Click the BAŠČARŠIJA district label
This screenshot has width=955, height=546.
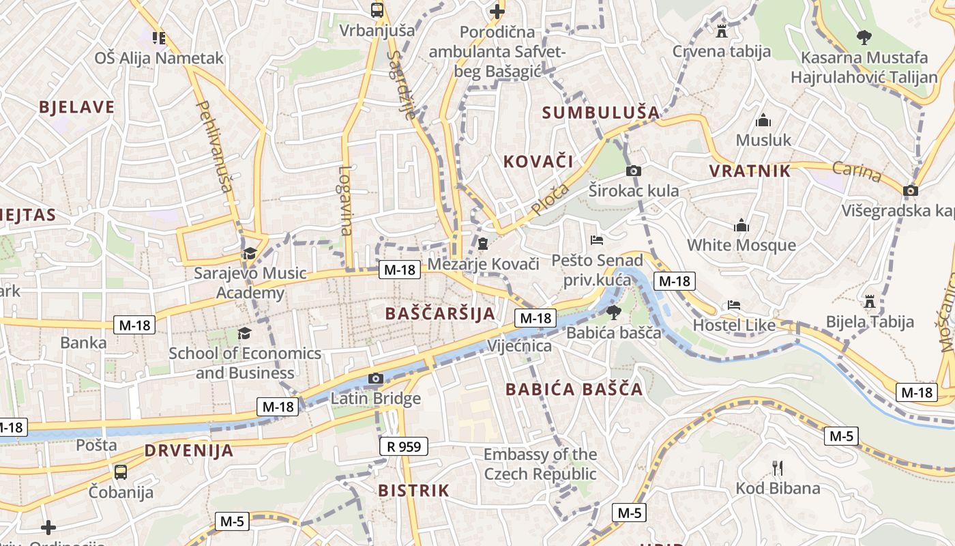point(439,314)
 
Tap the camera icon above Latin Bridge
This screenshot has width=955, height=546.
point(375,379)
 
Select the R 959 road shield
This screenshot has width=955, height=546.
point(404,447)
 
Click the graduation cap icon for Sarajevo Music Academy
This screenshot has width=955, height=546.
point(250,254)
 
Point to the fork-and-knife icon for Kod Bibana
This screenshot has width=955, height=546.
point(777,468)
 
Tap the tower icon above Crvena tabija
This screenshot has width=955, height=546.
point(721,31)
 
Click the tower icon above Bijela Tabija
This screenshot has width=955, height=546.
point(869,301)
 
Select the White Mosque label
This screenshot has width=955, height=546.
point(741,245)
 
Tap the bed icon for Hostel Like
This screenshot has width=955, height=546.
point(734,305)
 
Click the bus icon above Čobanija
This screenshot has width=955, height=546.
point(121,472)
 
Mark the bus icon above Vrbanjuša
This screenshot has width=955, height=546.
point(377,10)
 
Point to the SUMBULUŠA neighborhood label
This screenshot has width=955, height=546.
point(600,113)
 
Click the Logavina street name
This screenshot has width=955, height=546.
point(345,201)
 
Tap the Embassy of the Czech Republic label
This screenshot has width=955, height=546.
point(540,464)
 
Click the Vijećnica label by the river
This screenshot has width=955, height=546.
point(519,346)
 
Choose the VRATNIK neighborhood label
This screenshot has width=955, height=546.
point(750,171)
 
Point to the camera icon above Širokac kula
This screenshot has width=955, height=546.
point(634,171)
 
